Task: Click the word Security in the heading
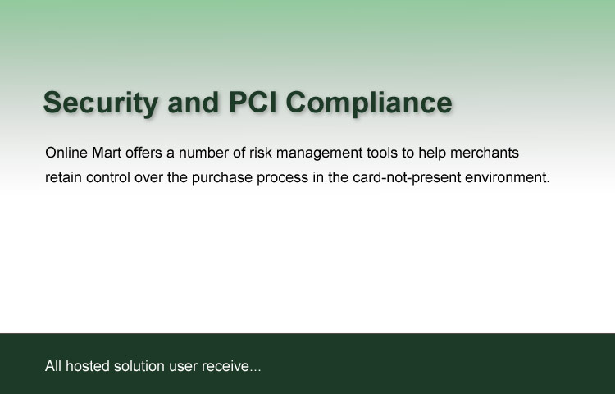(101, 103)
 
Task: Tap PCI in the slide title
(253, 102)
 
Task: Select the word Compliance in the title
(369, 103)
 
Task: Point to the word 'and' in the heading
(193, 102)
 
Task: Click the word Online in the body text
(66, 153)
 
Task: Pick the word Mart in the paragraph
(107, 153)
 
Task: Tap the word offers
(143, 153)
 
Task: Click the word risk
(261, 153)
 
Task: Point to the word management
(319, 153)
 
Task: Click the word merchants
(485, 153)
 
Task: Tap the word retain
(63, 178)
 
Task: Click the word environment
(508, 178)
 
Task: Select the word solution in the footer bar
(139, 366)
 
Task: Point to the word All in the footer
(53, 366)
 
